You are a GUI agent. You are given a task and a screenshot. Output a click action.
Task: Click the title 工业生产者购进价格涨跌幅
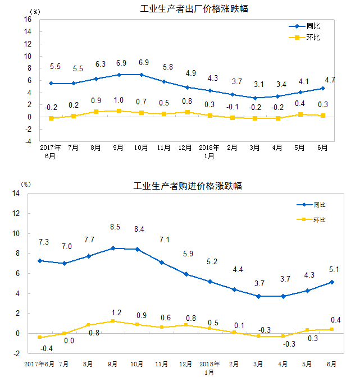(x=188, y=186)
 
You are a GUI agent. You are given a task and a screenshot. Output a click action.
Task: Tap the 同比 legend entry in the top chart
(x=313, y=26)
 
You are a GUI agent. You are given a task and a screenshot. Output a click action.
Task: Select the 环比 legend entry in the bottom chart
(x=319, y=220)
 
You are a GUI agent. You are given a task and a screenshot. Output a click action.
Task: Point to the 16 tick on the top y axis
(x=28, y=20)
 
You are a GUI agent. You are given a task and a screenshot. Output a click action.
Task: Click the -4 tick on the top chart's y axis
(x=28, y=141)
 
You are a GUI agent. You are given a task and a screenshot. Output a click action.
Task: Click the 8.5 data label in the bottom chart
(x=115, y=227)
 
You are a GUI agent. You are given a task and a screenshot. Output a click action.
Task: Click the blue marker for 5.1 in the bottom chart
(x=331, y=282)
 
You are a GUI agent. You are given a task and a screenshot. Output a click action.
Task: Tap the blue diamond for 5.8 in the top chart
(x=164, y=82)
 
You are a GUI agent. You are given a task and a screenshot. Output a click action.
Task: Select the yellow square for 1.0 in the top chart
(x=119, y=111)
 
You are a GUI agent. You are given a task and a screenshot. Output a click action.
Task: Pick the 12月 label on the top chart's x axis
(x=186, y=148)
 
